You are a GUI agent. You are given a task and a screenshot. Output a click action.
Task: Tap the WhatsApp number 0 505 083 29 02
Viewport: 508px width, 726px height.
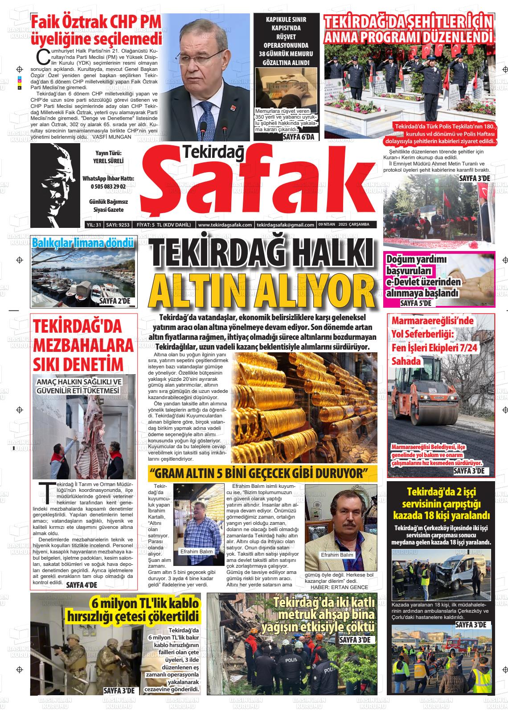[x=108, y=186]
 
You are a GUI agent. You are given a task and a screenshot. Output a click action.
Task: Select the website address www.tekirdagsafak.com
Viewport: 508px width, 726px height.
[x=225, y=225]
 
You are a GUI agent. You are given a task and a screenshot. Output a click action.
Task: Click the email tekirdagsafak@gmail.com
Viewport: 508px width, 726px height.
[x=286, y=225]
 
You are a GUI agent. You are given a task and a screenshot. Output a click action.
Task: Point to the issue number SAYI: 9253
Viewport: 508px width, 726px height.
[x=118, y=225]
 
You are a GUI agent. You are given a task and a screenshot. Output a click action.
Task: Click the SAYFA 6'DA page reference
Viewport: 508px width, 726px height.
[x=298, y=137]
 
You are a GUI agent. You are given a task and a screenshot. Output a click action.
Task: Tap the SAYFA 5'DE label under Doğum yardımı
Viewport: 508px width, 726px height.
[x=416, y=303]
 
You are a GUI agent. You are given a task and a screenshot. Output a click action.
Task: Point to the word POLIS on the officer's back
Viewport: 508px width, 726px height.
[x=291, y=660]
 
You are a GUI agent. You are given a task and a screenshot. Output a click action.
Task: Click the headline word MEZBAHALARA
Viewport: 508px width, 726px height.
[x=83, y=346]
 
